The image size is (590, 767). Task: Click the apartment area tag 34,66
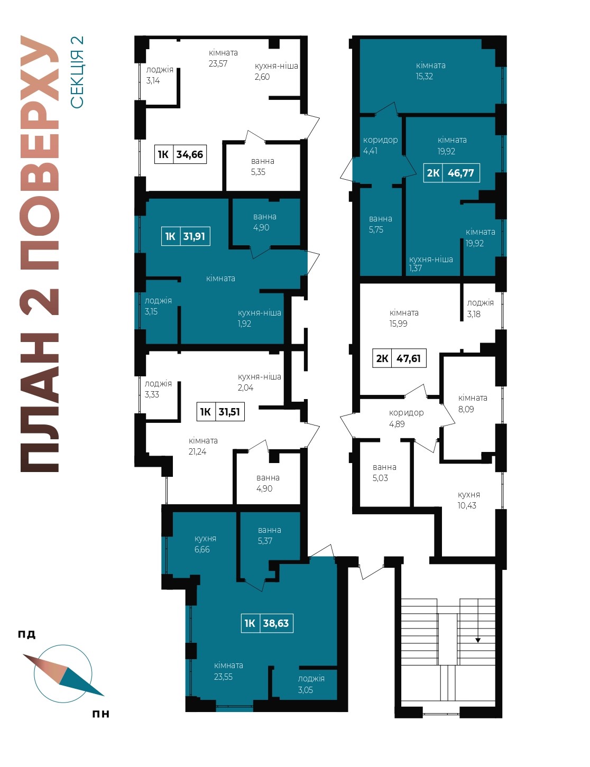pyautogui.click(x=180, y=154)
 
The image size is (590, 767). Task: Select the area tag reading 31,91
pyautogui.click(x=186, y=236)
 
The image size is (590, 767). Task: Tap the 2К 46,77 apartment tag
pyautogui.click(x=451, y=173)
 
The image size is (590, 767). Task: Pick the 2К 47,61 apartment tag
pyautogui.click(x=399, y=358)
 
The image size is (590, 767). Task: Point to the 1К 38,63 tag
pyautogui.click(x=267, y=623)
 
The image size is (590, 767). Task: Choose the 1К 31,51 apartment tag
pyautogui.click(x=220, y=412)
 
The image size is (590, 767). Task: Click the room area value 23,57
pyautogui.click(x=218, y=64)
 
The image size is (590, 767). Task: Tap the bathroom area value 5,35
pyautogui.click(x=258, y=172)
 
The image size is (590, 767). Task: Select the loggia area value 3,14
pyautogui.click(x=153, y=80)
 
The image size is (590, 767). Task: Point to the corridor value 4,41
pyautogui.click(x=370, y=151)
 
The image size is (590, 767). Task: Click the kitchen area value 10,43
pyautogui.click(x=467, y=505)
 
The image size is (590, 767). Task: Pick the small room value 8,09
pyautogui.click(x=466, y=409)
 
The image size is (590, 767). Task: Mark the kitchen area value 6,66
pyautogui.click(x=202, y=549)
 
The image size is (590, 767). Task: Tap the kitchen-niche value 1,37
pyautogui.click(x=416, y=268)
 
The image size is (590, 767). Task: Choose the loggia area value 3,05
pyautogui.click(x=305, y=690)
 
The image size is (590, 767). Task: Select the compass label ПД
pyautogui.click(x=27, y=634)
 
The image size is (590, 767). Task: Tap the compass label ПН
pyautogui.click(x=100, y=714)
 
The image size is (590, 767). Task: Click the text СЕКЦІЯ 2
pyautogui.click(x=77, y=72)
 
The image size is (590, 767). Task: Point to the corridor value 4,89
pyautogui.click(x=397, y=424)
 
